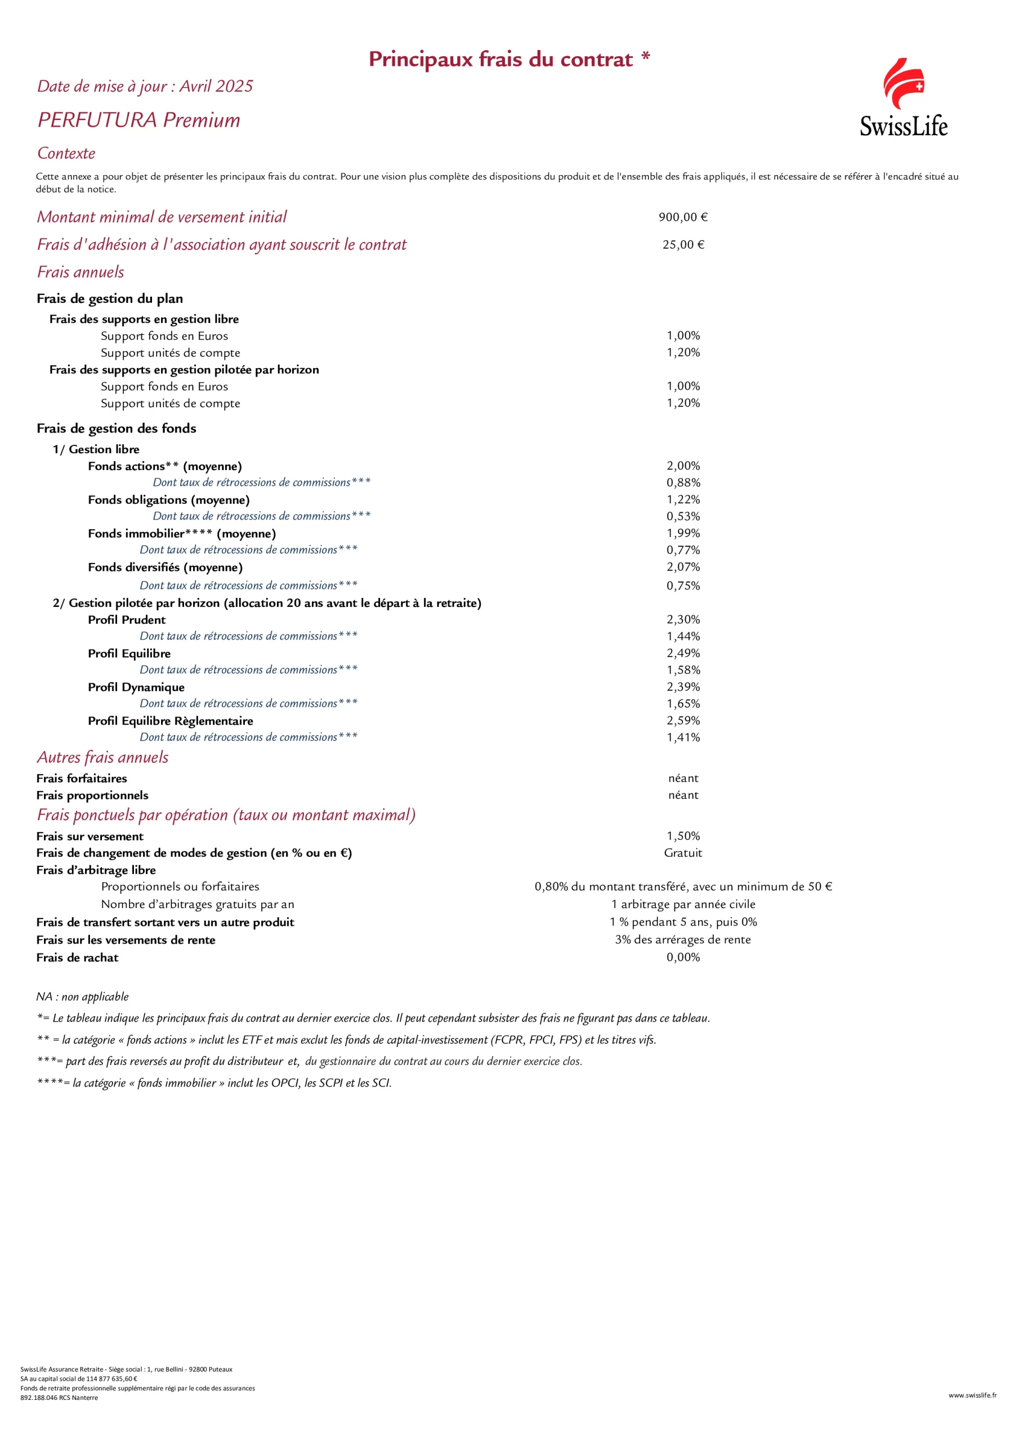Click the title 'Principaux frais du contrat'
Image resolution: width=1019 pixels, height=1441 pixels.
500,59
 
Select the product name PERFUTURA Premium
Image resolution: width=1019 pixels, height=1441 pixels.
138,120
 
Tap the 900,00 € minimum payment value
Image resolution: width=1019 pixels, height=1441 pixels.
682,217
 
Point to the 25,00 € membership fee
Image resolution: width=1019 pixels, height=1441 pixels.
682,245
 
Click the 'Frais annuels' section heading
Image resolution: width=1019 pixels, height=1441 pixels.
81,272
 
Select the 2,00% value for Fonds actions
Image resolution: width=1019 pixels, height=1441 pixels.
682,466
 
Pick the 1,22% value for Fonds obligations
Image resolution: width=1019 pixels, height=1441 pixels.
682,500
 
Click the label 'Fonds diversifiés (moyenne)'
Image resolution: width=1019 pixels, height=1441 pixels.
165,567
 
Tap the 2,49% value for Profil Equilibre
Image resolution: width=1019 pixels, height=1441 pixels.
682,654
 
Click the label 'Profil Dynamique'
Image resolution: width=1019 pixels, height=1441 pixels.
136,687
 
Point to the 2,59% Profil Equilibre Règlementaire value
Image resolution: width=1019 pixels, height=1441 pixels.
682,720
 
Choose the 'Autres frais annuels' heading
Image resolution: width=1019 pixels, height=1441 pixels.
102,758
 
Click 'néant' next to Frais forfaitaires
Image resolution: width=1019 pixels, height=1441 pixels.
682,778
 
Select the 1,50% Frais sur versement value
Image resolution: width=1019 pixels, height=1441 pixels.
682,836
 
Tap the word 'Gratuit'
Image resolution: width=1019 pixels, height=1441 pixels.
682,853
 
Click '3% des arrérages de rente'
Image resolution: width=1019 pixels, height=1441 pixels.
682,939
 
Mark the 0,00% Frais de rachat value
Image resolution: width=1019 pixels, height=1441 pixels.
682,957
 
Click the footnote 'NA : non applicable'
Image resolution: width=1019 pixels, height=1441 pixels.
82,997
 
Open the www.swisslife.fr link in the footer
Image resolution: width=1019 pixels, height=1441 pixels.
972,1395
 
